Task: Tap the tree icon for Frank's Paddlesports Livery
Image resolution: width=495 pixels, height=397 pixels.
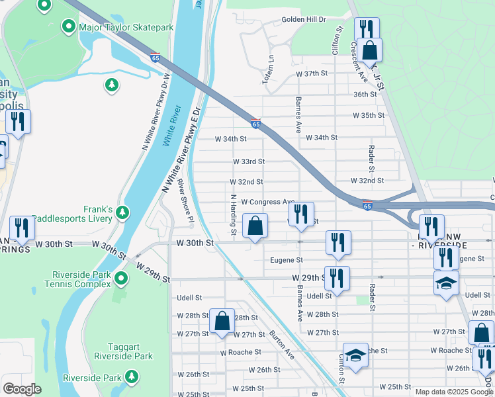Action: [122, 212]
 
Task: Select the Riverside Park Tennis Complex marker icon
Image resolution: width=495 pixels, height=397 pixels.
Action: [121, 278]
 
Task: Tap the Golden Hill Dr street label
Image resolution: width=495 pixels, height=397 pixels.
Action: [304, 20]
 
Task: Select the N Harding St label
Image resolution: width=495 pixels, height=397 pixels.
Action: [233, 214]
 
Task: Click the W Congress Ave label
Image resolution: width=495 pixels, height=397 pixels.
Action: [267, 202]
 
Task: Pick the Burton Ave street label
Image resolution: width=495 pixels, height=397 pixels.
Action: [281, 345]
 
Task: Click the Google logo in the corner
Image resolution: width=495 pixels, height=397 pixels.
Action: [22, 389]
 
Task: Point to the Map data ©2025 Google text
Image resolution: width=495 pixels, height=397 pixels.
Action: [453, 392]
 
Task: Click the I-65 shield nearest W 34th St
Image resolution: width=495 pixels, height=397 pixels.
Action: [256, 123]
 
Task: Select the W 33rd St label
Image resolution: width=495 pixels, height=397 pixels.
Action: [249, 161]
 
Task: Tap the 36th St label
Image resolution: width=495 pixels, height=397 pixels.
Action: [365, 95]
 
